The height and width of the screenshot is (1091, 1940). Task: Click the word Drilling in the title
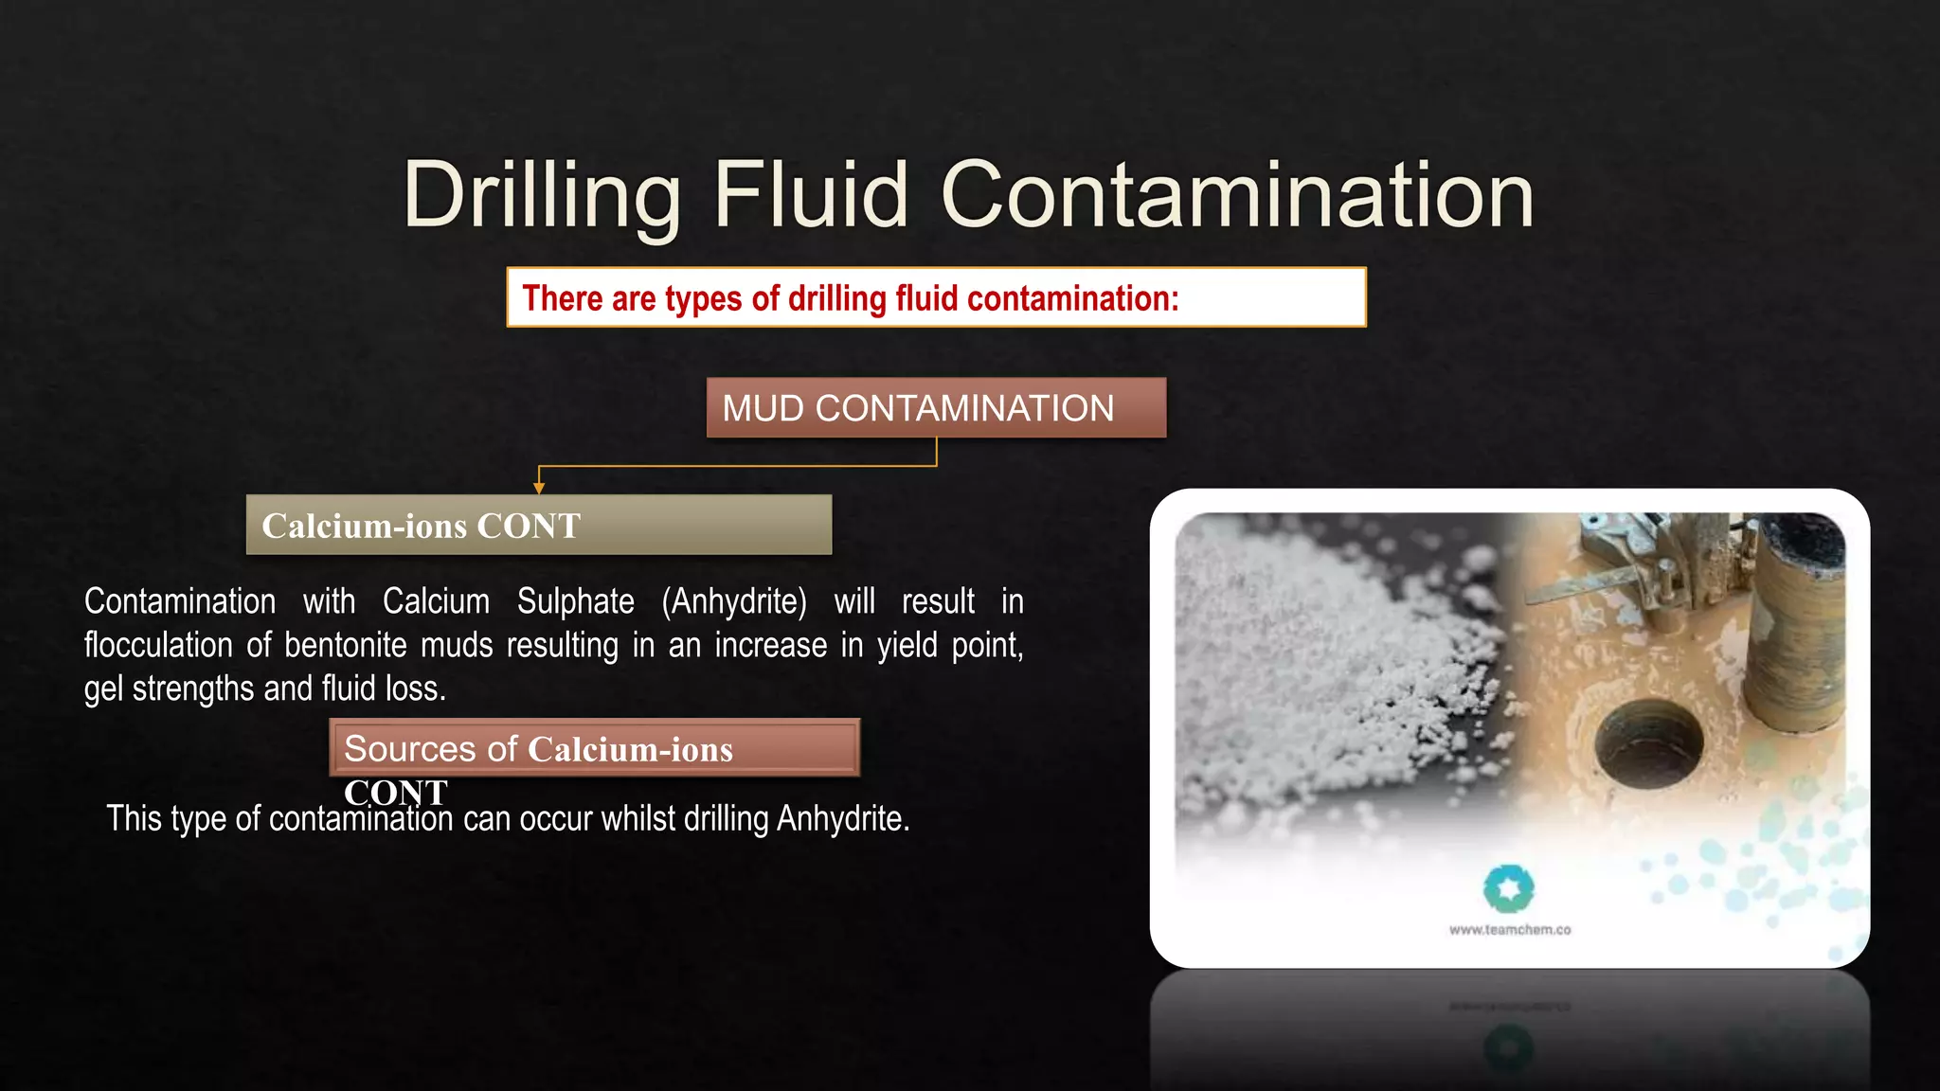click(541, 196)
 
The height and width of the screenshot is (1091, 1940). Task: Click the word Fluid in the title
click(811, 196)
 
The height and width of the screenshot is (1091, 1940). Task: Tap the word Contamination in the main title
click(1237, 196)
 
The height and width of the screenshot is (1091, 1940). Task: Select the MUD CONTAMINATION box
click(936, 408)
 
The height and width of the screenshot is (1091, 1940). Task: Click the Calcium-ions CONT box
click(538, 525)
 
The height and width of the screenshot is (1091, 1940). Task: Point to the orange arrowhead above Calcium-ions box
click(539, 488)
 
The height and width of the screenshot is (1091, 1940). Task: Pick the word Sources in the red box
click(410, 749)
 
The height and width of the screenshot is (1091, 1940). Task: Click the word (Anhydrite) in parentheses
click(734, 601)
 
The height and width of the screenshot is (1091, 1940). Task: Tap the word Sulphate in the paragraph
click(575, 601)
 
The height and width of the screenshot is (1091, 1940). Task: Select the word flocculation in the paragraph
click(158, 645)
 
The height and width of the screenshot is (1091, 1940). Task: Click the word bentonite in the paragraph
click(346, 645)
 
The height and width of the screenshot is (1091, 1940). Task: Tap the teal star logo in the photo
click(1508, 888)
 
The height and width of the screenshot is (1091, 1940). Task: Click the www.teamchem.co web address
click(1510, 930)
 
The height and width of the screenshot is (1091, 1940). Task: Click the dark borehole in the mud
click(1648, 743)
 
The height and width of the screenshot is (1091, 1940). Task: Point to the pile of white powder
click(1326, 653)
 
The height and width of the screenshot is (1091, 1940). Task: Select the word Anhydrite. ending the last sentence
click(843, 818)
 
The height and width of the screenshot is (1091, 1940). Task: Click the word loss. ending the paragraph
click(414, 689)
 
